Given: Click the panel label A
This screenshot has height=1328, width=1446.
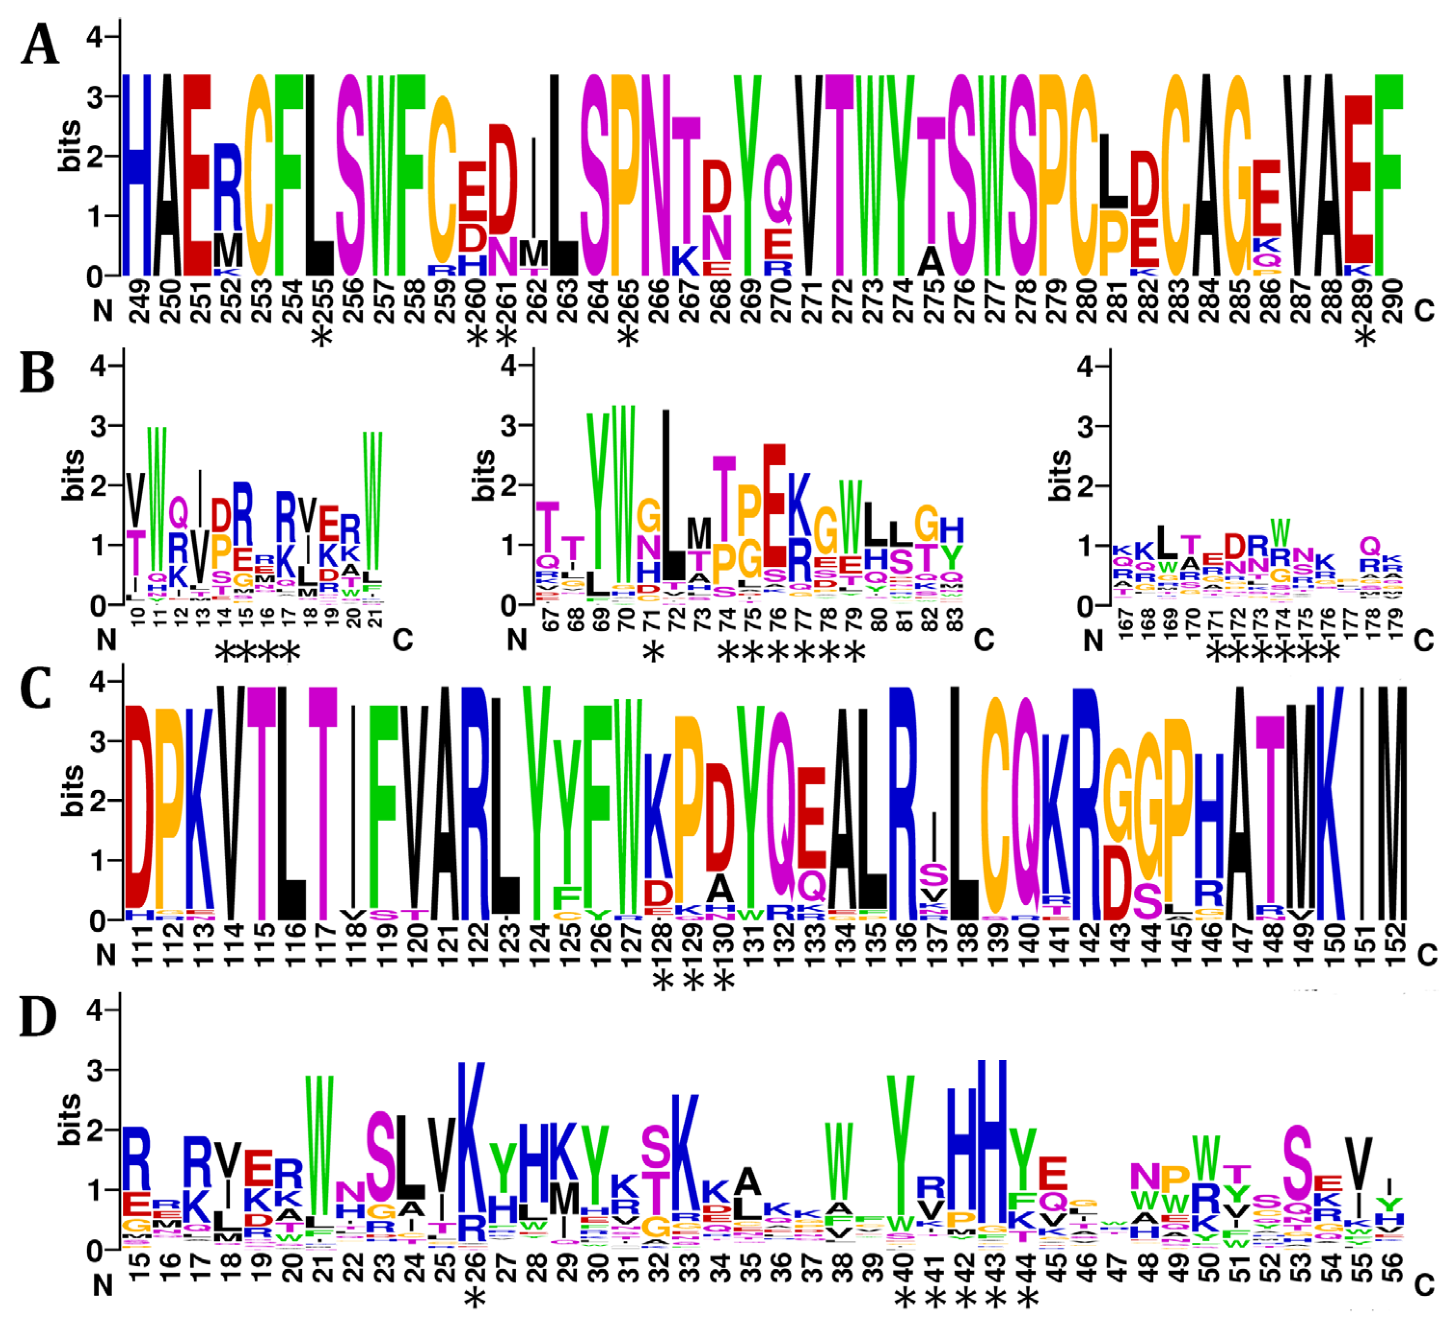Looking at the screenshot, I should (39, 45).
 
